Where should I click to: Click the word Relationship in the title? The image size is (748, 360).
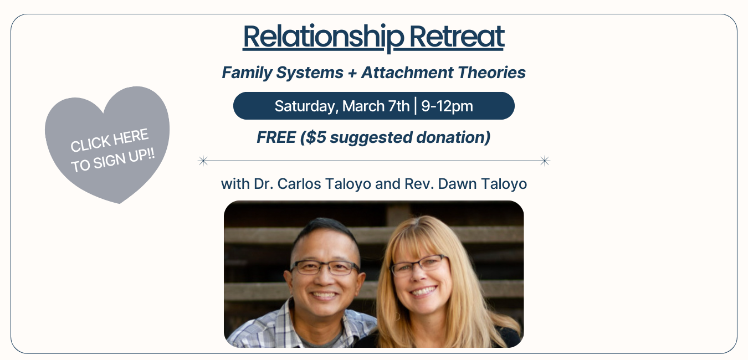322,37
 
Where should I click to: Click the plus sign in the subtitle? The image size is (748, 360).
352,73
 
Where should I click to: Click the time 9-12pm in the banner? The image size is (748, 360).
447,106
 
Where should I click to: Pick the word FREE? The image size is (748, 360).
276,137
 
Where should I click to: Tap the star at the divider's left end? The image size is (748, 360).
203,161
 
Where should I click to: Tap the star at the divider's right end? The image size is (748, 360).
545,161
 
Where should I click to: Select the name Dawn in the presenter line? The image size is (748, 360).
456,184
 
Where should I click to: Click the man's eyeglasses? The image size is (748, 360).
324,268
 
